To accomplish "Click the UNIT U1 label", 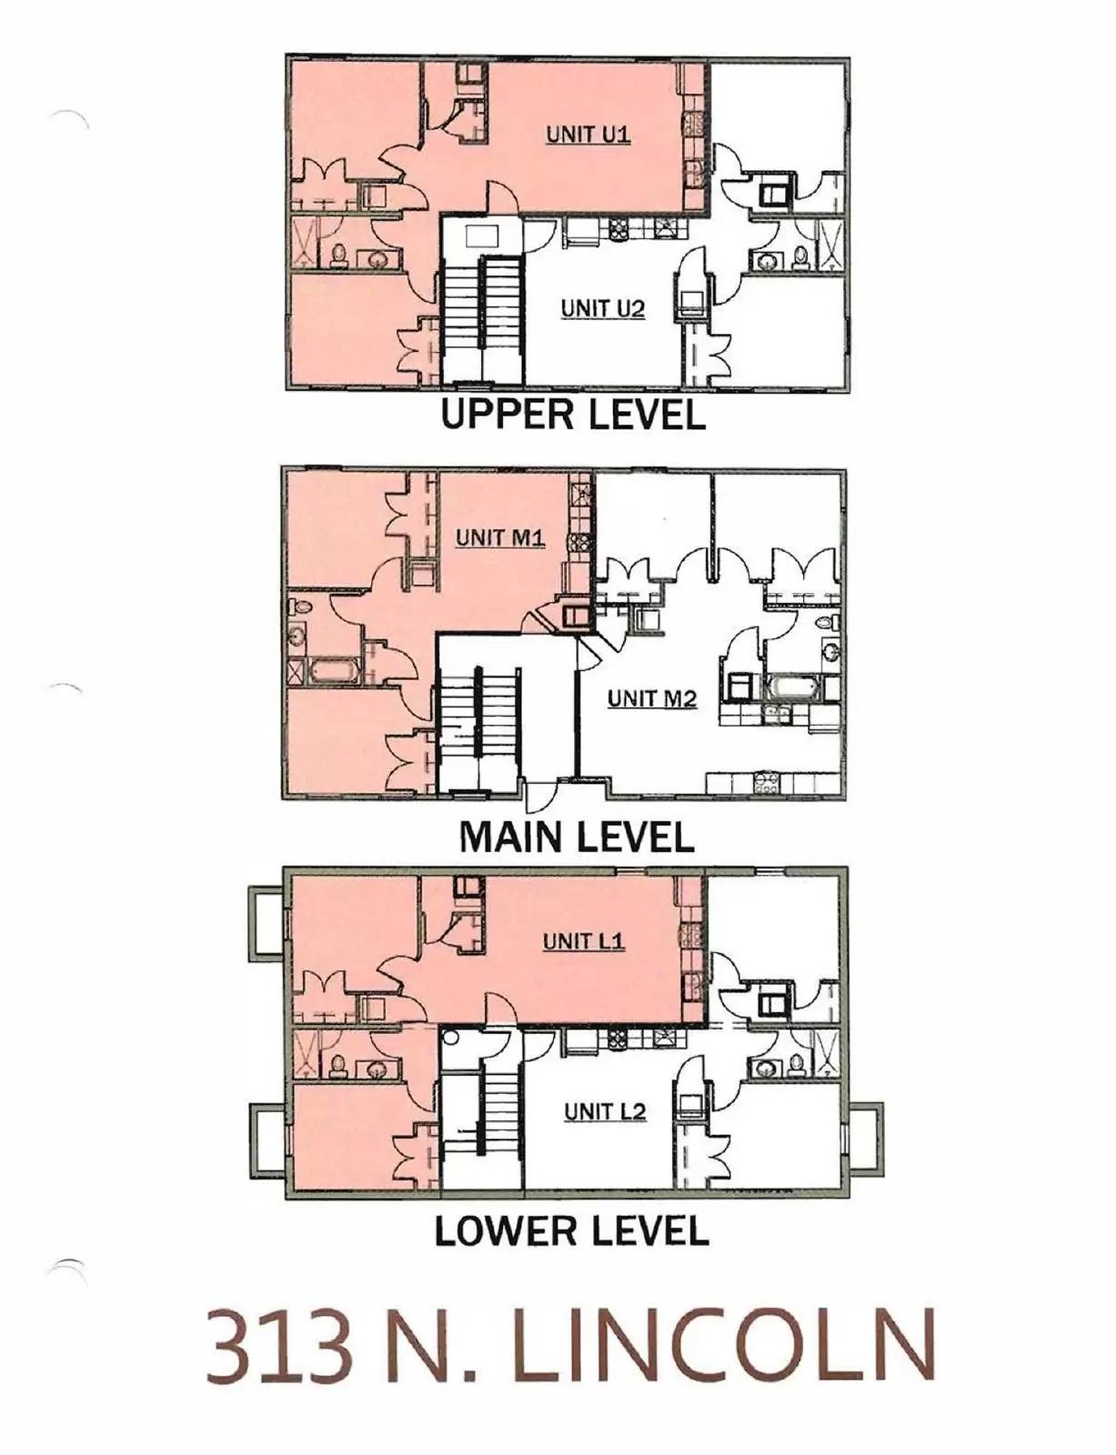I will (x=588, y=135).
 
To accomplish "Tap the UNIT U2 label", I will (x=602, y=309).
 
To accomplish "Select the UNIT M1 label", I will (x=499, y=537).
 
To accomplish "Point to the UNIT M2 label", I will (x=651, y=698).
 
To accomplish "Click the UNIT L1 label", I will (x=583, y=941).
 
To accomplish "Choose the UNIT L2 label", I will (x=604, y=1111).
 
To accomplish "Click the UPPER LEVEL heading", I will (x=573, y=416).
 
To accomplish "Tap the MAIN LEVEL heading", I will (x=577, y=838).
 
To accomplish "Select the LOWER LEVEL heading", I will (x=571, y=1232).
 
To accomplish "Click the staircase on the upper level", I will (x=483, y=318).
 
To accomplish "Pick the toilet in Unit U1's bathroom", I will (x=338, y=255).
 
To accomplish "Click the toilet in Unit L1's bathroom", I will (x=337, y=1065).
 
